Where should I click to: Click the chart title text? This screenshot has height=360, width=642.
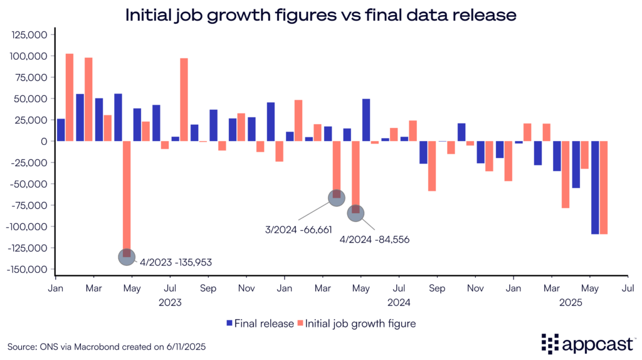[x=320, y=15]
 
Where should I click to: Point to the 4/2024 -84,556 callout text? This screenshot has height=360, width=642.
[x=374, y=239]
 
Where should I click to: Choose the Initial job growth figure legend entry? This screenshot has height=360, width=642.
[x=357, y=324]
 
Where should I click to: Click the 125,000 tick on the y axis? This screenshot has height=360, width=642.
[x=30, y=35]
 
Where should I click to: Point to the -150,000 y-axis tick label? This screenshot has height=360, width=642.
[x=28, y=269]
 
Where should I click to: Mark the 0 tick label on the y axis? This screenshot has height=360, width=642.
[x=45, y=141]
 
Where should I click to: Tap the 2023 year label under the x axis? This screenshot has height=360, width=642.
[x=170, y=302]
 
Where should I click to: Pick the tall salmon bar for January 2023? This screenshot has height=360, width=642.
[x=70, y=97]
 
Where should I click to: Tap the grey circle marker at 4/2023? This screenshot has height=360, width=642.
[x=127, y=256]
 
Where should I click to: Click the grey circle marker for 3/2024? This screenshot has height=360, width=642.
[x=337, y=198]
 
